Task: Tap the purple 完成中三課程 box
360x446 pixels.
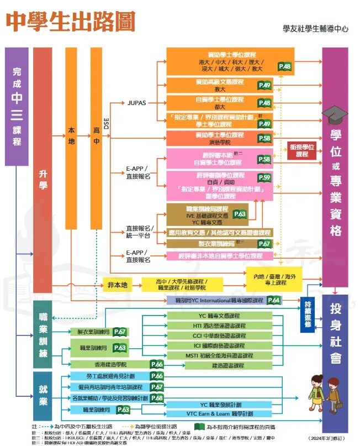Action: (17, 106)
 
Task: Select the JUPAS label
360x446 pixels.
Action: (136, 103)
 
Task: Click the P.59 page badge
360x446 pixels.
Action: (264, 177)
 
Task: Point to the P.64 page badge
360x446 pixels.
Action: (274, 300)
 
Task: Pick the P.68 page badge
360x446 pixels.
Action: (156, 398)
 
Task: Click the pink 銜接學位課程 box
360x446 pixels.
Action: (301, 150)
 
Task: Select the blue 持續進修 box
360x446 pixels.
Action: (308, 314)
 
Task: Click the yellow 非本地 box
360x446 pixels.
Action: (117, 285)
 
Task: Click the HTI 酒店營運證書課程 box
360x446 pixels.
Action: (219, 326)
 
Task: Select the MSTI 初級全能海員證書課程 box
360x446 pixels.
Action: (219, 355)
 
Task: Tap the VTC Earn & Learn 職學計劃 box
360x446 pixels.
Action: (219, 413)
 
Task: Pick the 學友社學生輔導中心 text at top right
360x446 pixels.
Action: (315, 28)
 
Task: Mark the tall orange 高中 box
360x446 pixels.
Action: (97, 138)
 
